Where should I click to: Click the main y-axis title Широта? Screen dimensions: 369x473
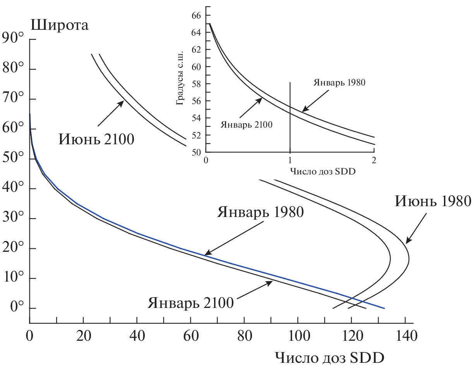[x=60, y=26]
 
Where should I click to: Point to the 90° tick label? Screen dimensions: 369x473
[x=13, y=39]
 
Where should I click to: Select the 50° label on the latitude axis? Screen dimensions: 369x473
[x=13, y=159]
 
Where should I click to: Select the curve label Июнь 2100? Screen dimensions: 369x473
[x=96, y=138]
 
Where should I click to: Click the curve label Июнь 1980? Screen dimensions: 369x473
[x=433, y=201]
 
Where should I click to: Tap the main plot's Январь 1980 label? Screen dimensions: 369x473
[x=260, y=212]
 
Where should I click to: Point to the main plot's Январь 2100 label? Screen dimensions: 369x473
[x=190, y=302]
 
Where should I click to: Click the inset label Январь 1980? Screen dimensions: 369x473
[x=339, y=82]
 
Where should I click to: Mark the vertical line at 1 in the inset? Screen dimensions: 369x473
[x=290, y=116]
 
